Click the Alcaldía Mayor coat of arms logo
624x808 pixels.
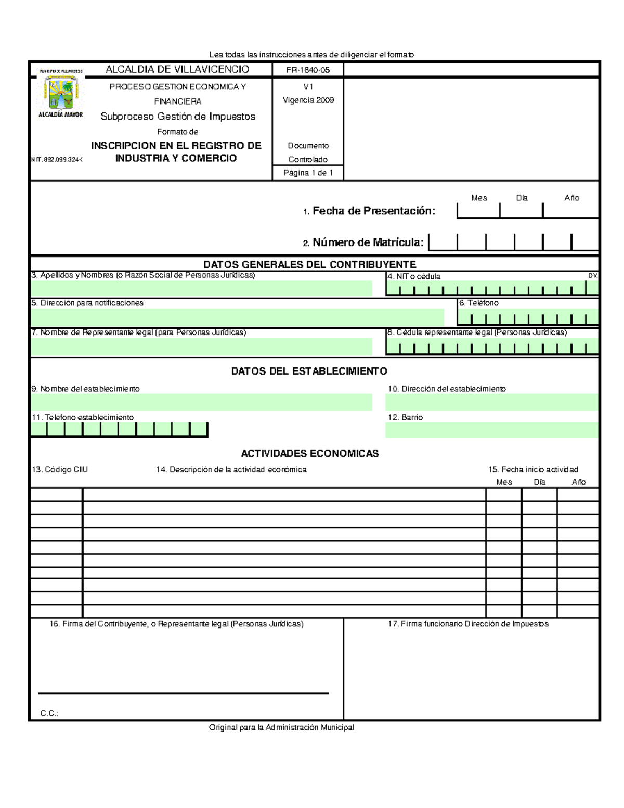click(61, 93)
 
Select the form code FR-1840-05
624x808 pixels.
click(308, 70)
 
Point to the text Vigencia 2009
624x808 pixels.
click(308, 100)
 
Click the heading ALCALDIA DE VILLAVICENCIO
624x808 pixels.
click(177, 69)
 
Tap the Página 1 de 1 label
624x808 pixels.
click(308, 173)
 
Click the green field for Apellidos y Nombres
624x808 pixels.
click(201, 289)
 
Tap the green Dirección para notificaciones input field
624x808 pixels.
click(237, 317)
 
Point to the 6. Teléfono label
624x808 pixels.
click(479, 303)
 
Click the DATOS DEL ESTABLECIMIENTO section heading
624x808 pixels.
click(309, 371)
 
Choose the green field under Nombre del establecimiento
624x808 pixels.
click(201, 402)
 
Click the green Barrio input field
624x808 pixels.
click(491, 430)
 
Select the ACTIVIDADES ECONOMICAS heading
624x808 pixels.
click(309, 453)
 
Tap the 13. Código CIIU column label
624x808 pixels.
click(60, 469)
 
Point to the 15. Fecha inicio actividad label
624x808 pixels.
click(533, 469)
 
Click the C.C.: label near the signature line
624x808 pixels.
click(49, 713)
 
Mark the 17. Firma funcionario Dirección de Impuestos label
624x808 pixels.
click(468, 624)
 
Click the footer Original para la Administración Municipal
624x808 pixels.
click(281, 727)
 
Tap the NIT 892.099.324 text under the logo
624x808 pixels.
click(57, 160)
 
